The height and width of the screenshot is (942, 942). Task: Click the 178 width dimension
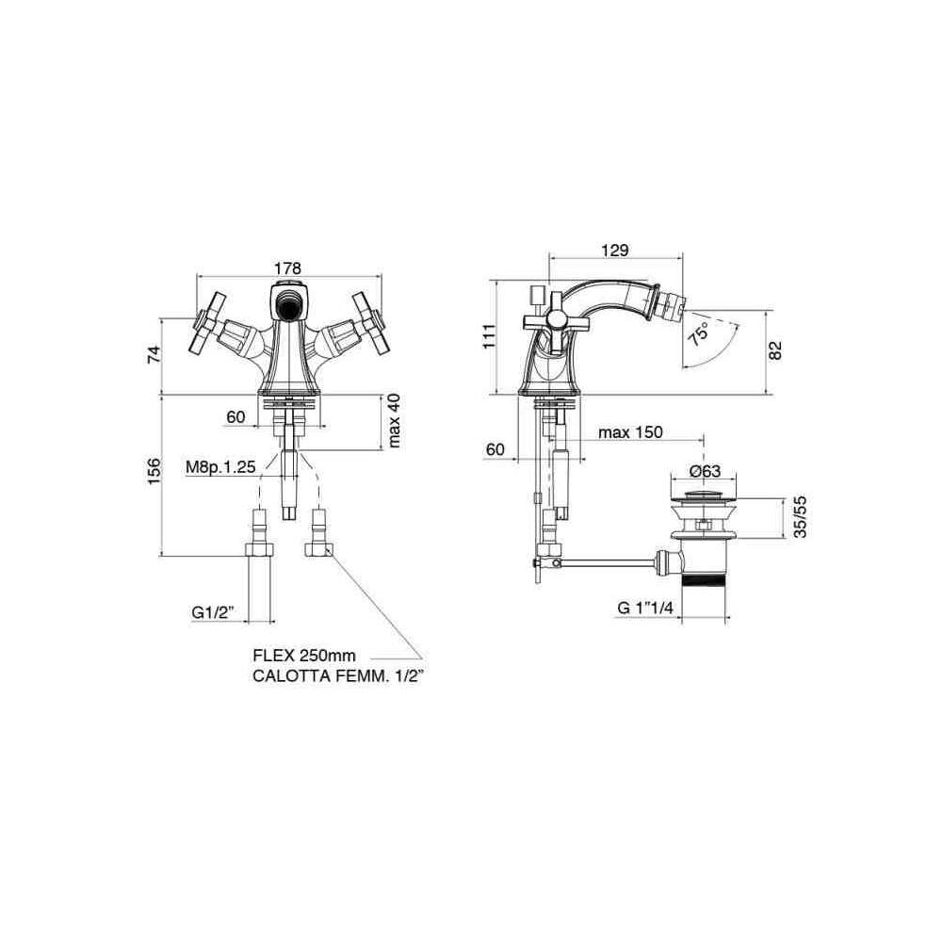click(287, 268)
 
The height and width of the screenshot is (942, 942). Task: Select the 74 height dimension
click(154, 353)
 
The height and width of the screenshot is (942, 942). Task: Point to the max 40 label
click(394, 420)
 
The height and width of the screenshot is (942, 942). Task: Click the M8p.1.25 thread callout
click(219, 466)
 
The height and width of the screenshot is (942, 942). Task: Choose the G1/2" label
click(213, 611)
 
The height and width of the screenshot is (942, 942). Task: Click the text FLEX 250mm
click(304, 655)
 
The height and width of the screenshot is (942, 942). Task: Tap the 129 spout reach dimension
click(614, 250)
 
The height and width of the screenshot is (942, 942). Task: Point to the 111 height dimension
click(489, 336)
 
